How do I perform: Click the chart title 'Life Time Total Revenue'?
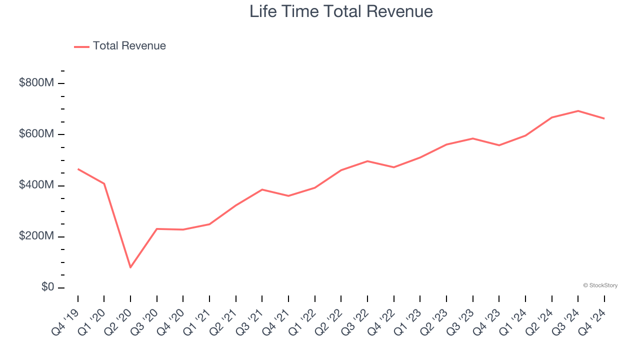click(341, 11)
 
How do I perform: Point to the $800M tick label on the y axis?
click(36, 83)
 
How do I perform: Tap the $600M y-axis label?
click(36, 134)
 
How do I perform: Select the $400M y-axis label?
click(36, 185)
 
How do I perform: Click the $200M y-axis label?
click(36, 236)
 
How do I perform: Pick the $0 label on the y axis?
click(47, 287)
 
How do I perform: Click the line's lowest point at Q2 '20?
click(130, 267)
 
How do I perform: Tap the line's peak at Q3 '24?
click(578, 111)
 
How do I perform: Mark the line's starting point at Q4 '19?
click(78, 169)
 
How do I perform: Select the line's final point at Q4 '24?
click(604, 118)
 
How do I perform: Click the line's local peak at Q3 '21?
click(262, 189)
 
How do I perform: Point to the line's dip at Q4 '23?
click(499, 145)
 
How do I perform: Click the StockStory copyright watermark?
click(600, 285)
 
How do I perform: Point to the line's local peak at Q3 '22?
click(367, 161)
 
